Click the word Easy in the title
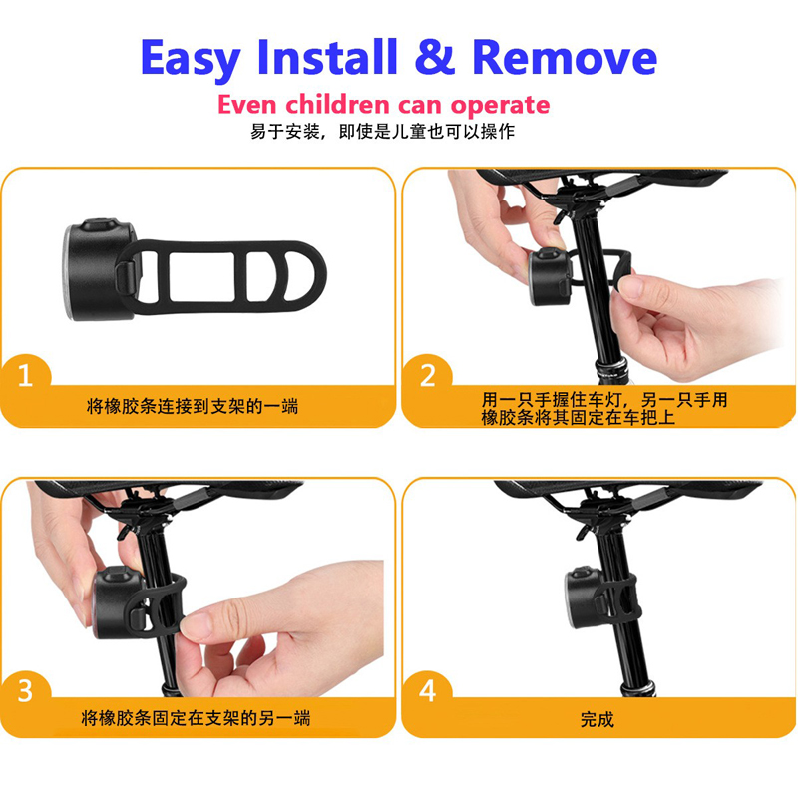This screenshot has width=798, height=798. pyautogui.click(x=191, y=59)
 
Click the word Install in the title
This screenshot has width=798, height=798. pyautogui.click(x=327, y=57)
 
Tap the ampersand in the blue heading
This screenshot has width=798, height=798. pyautogui.click(x=434, y=57)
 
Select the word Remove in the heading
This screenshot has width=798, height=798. pyautogui.click(x=565, y=57)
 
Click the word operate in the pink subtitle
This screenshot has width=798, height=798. pyautogui.click(x=500, y=106)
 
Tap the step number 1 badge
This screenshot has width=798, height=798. pyautogui.click(x=26, y=377)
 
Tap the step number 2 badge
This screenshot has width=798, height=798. pyautogui.click(x=427, y=377)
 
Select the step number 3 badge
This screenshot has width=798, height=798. pyautogui.click(x=26, y=691)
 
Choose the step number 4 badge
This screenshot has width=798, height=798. pyautogui.click(x=427, y=691)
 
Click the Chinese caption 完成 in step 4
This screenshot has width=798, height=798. pyautogui.click(x=597, y=719)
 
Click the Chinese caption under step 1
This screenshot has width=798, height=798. pyautogui.click(x=193, y=407)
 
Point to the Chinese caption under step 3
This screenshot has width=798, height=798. pyautogui.click(x=196, y=718)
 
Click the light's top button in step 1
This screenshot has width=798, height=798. pyautogui.click(x=100, y=224)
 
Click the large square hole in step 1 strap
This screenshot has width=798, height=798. pyautogui.click(x=201, y=276)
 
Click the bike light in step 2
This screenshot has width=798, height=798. pyautogui.click(x=550, y=276)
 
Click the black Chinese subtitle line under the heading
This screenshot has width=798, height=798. pyautogui.click(x=382, y=132)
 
